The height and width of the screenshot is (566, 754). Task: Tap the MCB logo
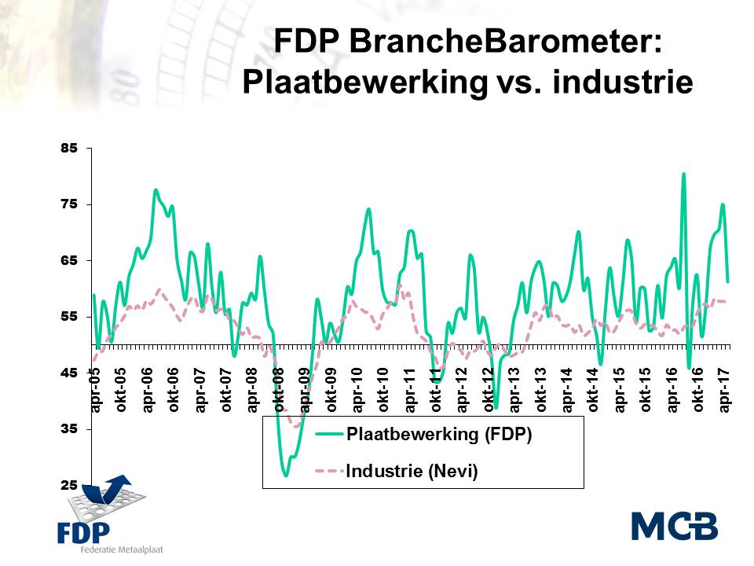(x=675, y=526)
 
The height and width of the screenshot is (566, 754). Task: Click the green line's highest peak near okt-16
(x=683, y=175)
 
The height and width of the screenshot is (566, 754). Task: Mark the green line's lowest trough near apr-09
(x=286, y=475)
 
